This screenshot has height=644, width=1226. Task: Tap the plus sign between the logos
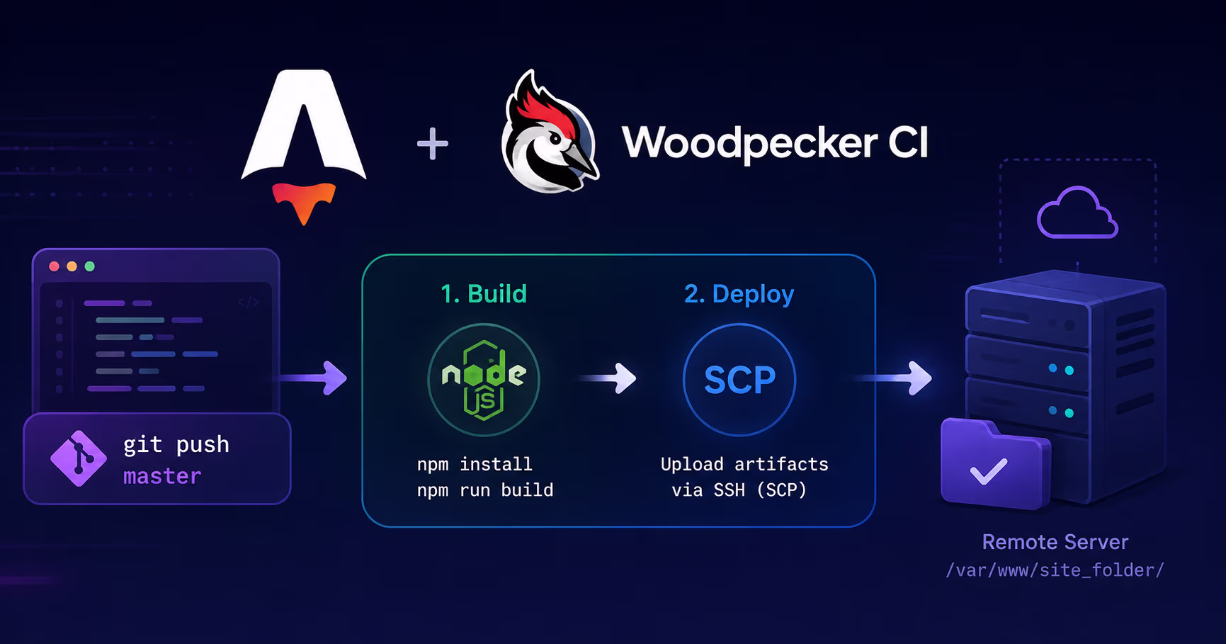tap(432, 144)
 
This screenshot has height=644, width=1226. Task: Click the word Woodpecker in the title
tap(749, 143)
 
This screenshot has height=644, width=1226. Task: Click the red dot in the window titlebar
tap(54, 266)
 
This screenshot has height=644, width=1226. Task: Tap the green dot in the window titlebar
tap(89, 266)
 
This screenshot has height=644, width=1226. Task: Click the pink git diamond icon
tap(79, 458)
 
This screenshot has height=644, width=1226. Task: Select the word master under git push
tap(162, 476)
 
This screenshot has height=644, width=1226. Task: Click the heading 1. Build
tap(484, 293)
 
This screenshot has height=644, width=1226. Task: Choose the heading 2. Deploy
tap(739, 294)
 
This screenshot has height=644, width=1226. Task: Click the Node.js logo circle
tap(484, 379)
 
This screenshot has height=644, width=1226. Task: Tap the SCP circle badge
tap(739, 379)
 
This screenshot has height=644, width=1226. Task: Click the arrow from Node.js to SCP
tap(608, 378)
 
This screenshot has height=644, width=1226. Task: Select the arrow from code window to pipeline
tap(313, 378)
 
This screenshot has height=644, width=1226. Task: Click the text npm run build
tap(485, 490)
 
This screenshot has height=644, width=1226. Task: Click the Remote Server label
tap(1055, 542)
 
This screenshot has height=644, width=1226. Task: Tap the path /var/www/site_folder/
tap(1055, 570)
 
